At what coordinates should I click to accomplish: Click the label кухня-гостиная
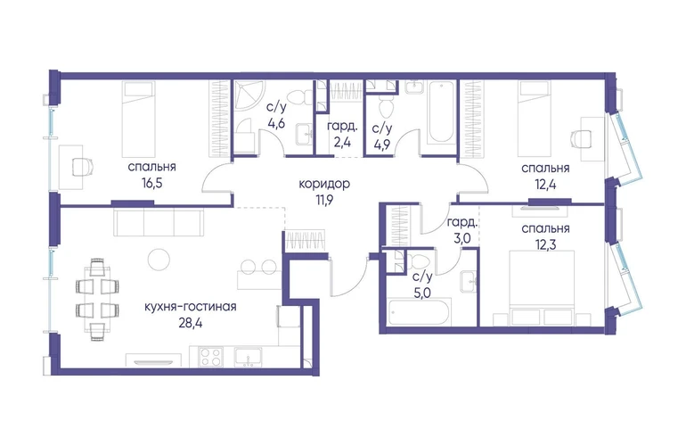[x=191, y=307]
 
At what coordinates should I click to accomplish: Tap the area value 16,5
[x=151, y=183]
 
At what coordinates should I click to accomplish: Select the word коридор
[x=324, y=184]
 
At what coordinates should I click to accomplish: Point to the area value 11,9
[x=324, y=200]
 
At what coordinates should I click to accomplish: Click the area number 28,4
[x=191, y=323]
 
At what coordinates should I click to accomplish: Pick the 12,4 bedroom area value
[x=545, y=185]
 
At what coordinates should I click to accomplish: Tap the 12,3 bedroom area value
[x=545, y=244]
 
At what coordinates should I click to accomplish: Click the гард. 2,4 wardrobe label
[x=343, y=135]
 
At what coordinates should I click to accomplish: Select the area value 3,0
[x=461, y=239]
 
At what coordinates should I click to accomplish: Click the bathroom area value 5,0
[x=422, y=292]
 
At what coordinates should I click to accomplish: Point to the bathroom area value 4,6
[x=276, y=124]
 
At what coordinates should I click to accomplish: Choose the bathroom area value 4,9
[x=382, y=145]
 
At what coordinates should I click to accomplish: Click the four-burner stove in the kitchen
[x=211, y=357]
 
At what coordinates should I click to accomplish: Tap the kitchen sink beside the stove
[x=248, y=357]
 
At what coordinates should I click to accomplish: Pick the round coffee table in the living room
[x=159, y=260]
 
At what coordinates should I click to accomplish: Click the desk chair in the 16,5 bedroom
[x=82, y=167]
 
